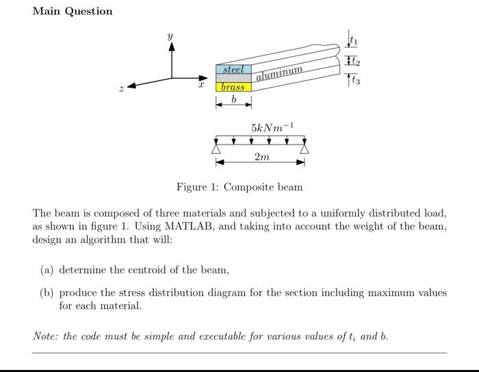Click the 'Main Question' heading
(72, 11)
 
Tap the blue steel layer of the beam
(234, 69)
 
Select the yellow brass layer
(234, 87)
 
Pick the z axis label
(120, 89)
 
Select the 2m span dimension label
(261, 158)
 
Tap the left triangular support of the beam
(217, 148)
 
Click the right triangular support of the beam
(304, 148)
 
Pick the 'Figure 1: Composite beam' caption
(239, 187)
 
